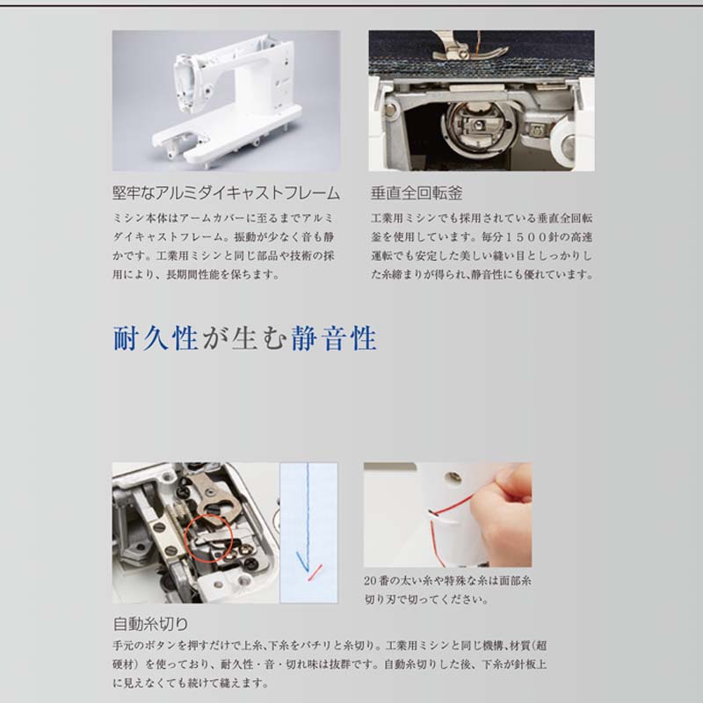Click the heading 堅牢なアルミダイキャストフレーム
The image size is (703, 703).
pyautogui.click(x=227, y=193)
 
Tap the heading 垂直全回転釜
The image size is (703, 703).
pyautogui.click(x=417, y=193)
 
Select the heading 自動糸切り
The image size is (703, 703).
pyautogui.click(x=150, y=624)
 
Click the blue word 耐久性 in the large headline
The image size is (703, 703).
pyautogui.click(x=156, y=338)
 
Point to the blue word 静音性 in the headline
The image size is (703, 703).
pyautogui.click(x=334, y=338)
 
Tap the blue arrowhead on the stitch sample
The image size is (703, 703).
pyautogui.click(x=303, y=562)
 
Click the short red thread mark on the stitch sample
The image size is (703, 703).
pyautogui.click(x=315, y=573)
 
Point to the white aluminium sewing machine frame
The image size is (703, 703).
pyautogui.click(x=227, y=101)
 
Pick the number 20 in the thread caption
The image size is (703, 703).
pyautogui.click(x=370, y=581)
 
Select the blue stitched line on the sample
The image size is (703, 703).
pyautogui.click(x=308, y=516)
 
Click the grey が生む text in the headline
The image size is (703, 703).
pyautogui.click(x=244, y=338)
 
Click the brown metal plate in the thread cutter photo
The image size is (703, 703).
pyautogui.click(x=215, y=496)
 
